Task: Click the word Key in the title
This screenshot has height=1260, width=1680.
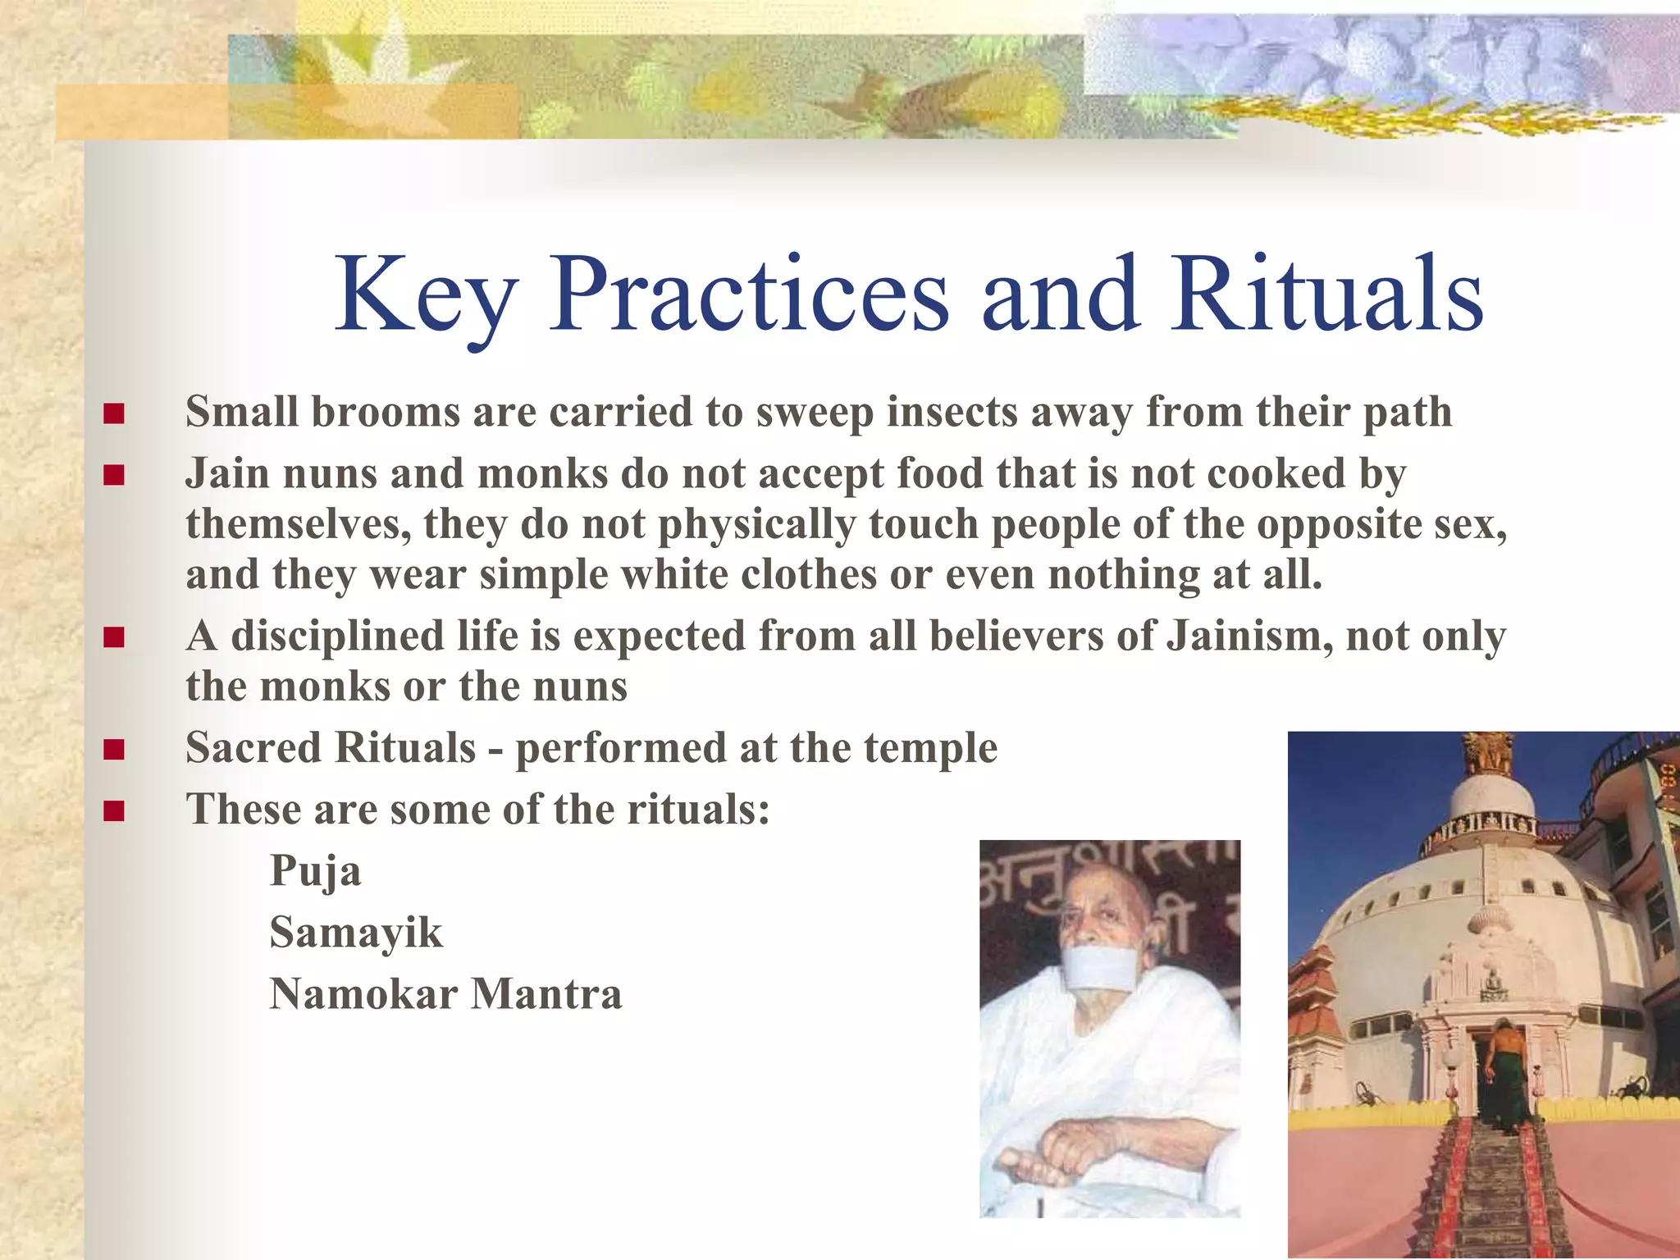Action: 427,295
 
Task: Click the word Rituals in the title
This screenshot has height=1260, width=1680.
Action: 1326,295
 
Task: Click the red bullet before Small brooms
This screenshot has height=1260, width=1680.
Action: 114,413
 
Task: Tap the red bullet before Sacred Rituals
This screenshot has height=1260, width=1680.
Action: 114,750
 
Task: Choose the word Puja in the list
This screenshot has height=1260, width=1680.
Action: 315,871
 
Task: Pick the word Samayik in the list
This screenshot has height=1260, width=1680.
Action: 356,933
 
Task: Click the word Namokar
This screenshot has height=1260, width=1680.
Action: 363,994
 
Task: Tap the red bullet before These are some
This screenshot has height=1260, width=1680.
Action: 114,812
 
